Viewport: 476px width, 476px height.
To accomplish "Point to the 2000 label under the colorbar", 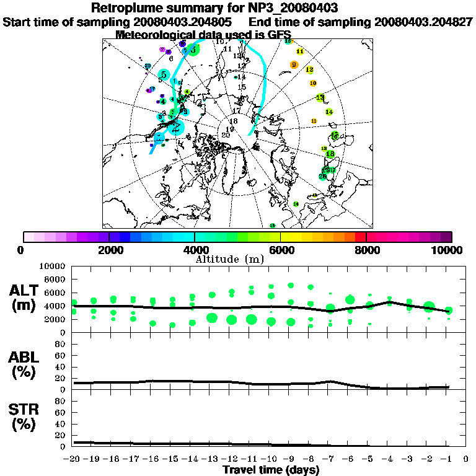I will (x=109, y=250).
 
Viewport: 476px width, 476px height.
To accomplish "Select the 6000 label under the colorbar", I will (x=281, y=250).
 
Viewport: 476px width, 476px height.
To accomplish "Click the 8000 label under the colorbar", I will (x=366, y=250).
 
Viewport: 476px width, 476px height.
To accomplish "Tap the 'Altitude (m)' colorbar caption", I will (x=230, y=258).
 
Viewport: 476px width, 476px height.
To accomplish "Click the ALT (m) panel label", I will (x=26, y=297).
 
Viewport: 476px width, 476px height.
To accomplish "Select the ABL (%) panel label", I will (x=26, y=364).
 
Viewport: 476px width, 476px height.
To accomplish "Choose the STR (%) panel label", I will (x=26, y=416).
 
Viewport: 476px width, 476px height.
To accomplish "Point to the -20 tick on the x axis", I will (x=73, y=460).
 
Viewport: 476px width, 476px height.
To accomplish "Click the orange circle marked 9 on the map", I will (x=294, y=65).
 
